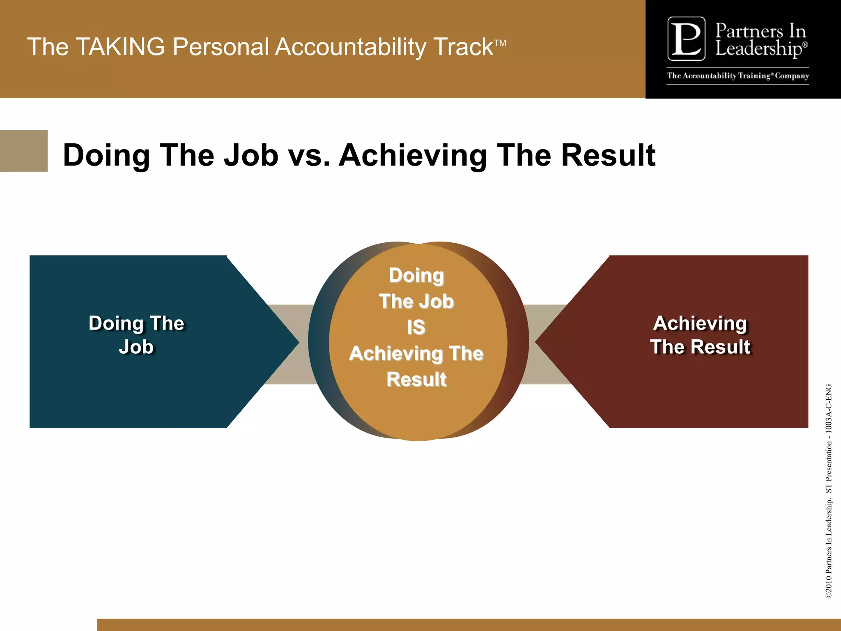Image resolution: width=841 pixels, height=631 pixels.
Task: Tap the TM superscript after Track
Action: (x=500, y=43)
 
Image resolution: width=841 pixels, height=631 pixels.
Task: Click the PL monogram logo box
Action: (x=686, y=39)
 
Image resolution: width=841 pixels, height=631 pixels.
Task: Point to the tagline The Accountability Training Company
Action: (x=738, y=76)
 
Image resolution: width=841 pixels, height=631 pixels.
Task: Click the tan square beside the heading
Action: (x=23, y=151)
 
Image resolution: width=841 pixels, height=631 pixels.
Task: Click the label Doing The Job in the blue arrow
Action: (x=136, y=335)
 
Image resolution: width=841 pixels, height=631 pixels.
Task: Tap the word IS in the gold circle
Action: (x=416, y=327)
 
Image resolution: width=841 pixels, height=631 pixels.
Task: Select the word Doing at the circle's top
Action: (x=416, y=275)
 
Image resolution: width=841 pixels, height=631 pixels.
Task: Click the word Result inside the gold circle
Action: (x=416, y=379)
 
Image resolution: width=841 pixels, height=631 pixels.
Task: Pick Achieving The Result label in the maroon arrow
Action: (x=700, y=335)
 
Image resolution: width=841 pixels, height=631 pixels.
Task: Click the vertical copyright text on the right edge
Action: (x=829, y=491)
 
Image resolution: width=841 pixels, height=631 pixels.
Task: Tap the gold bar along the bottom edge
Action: (x=468, y=624)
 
